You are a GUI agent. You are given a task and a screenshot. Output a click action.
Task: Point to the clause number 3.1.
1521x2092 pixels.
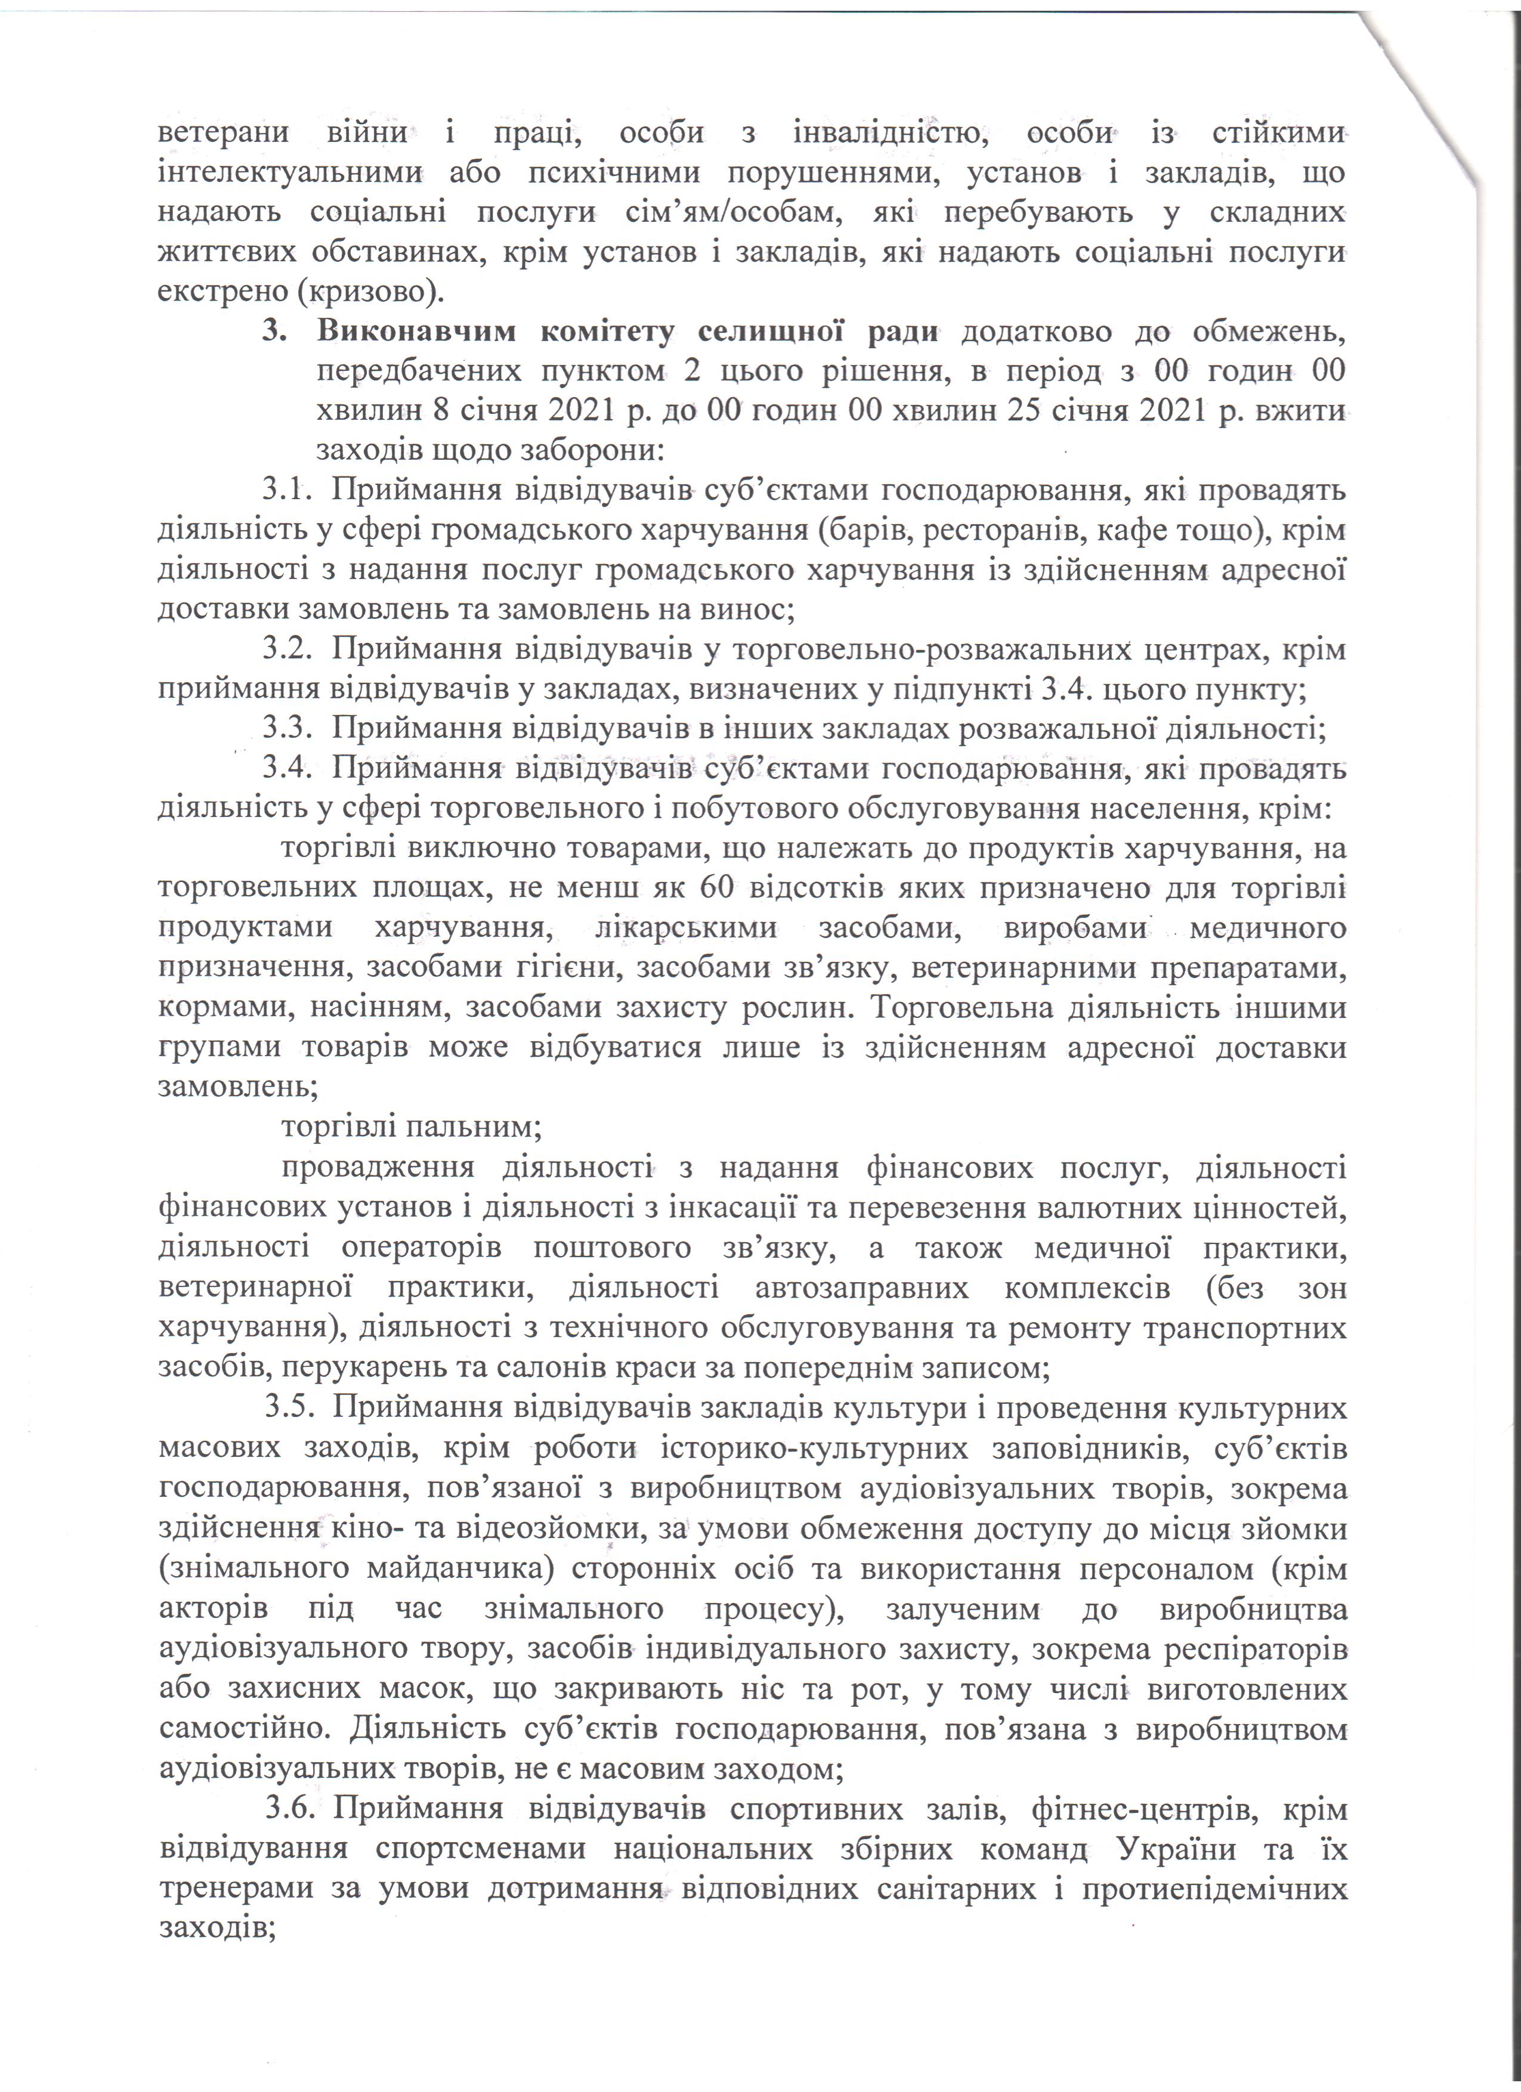[284, 491]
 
